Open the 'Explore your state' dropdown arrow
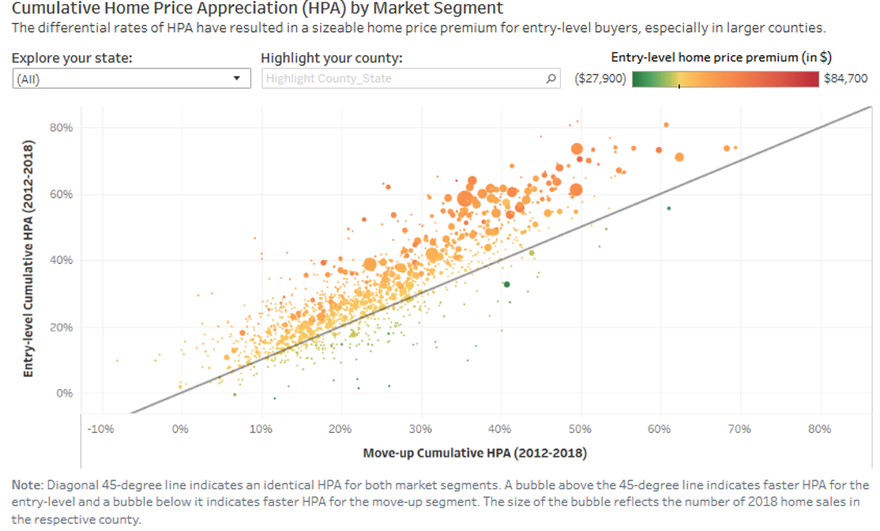[237, 79]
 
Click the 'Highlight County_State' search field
[403, 79]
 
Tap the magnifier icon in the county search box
[552, 79]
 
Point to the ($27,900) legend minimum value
[600, 79]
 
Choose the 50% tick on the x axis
[580, 429]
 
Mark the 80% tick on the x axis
[819, 429]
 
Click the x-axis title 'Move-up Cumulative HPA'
[474, 453]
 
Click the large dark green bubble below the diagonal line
[506, 284]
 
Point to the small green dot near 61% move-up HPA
[669, 208]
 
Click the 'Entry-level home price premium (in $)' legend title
[721, 58]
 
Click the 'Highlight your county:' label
[331, 59]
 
